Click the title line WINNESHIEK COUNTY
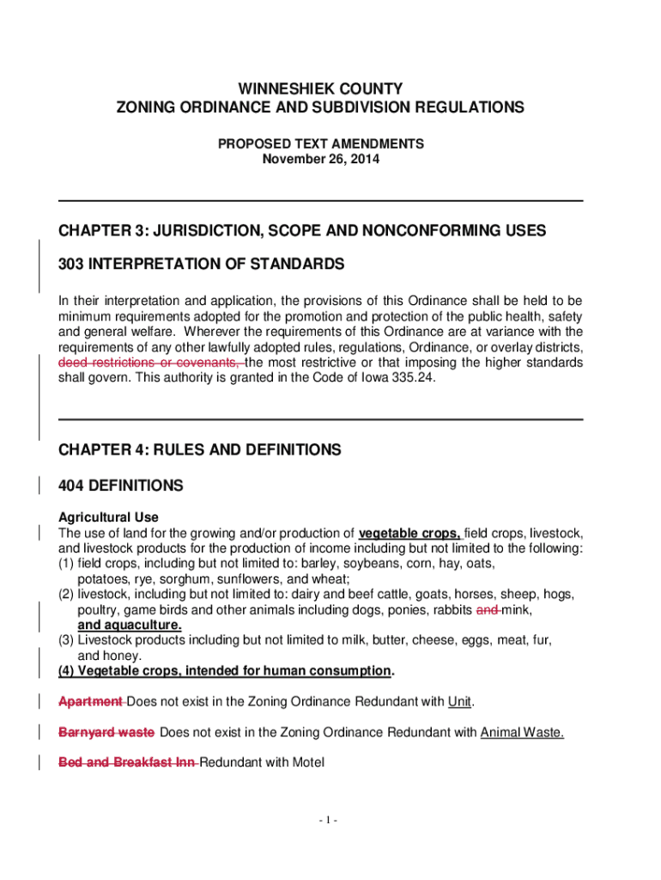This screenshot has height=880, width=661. pyautogui.click(x=320, y=89)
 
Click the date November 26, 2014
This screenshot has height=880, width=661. pyautogui.click(x=320, y=160)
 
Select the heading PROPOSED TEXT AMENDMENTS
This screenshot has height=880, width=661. pyautogui.click(x=320, y=144)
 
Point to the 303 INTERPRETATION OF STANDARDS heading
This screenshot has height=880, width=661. pyautogui.click(x=201, y=265)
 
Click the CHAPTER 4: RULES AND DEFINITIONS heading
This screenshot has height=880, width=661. pyautogui.click(x=199, y=450)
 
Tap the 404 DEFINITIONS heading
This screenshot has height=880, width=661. pyautogui.click(x=120, y=486)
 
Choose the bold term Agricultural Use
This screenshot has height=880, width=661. pyautogui.click(x=108, y=517)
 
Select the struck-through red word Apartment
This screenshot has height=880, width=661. pyautogui.click(x=90, y=702)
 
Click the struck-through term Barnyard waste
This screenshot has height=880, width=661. pyautogui.click(x=106, y=732)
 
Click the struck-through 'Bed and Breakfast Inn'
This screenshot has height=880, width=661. pyautogui.click(x=126, y=762)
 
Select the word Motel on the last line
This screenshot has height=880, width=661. pyautogui.click(x=308, y=762)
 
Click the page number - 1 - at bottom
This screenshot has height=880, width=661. pyautogui.click(x=326, y=821)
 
